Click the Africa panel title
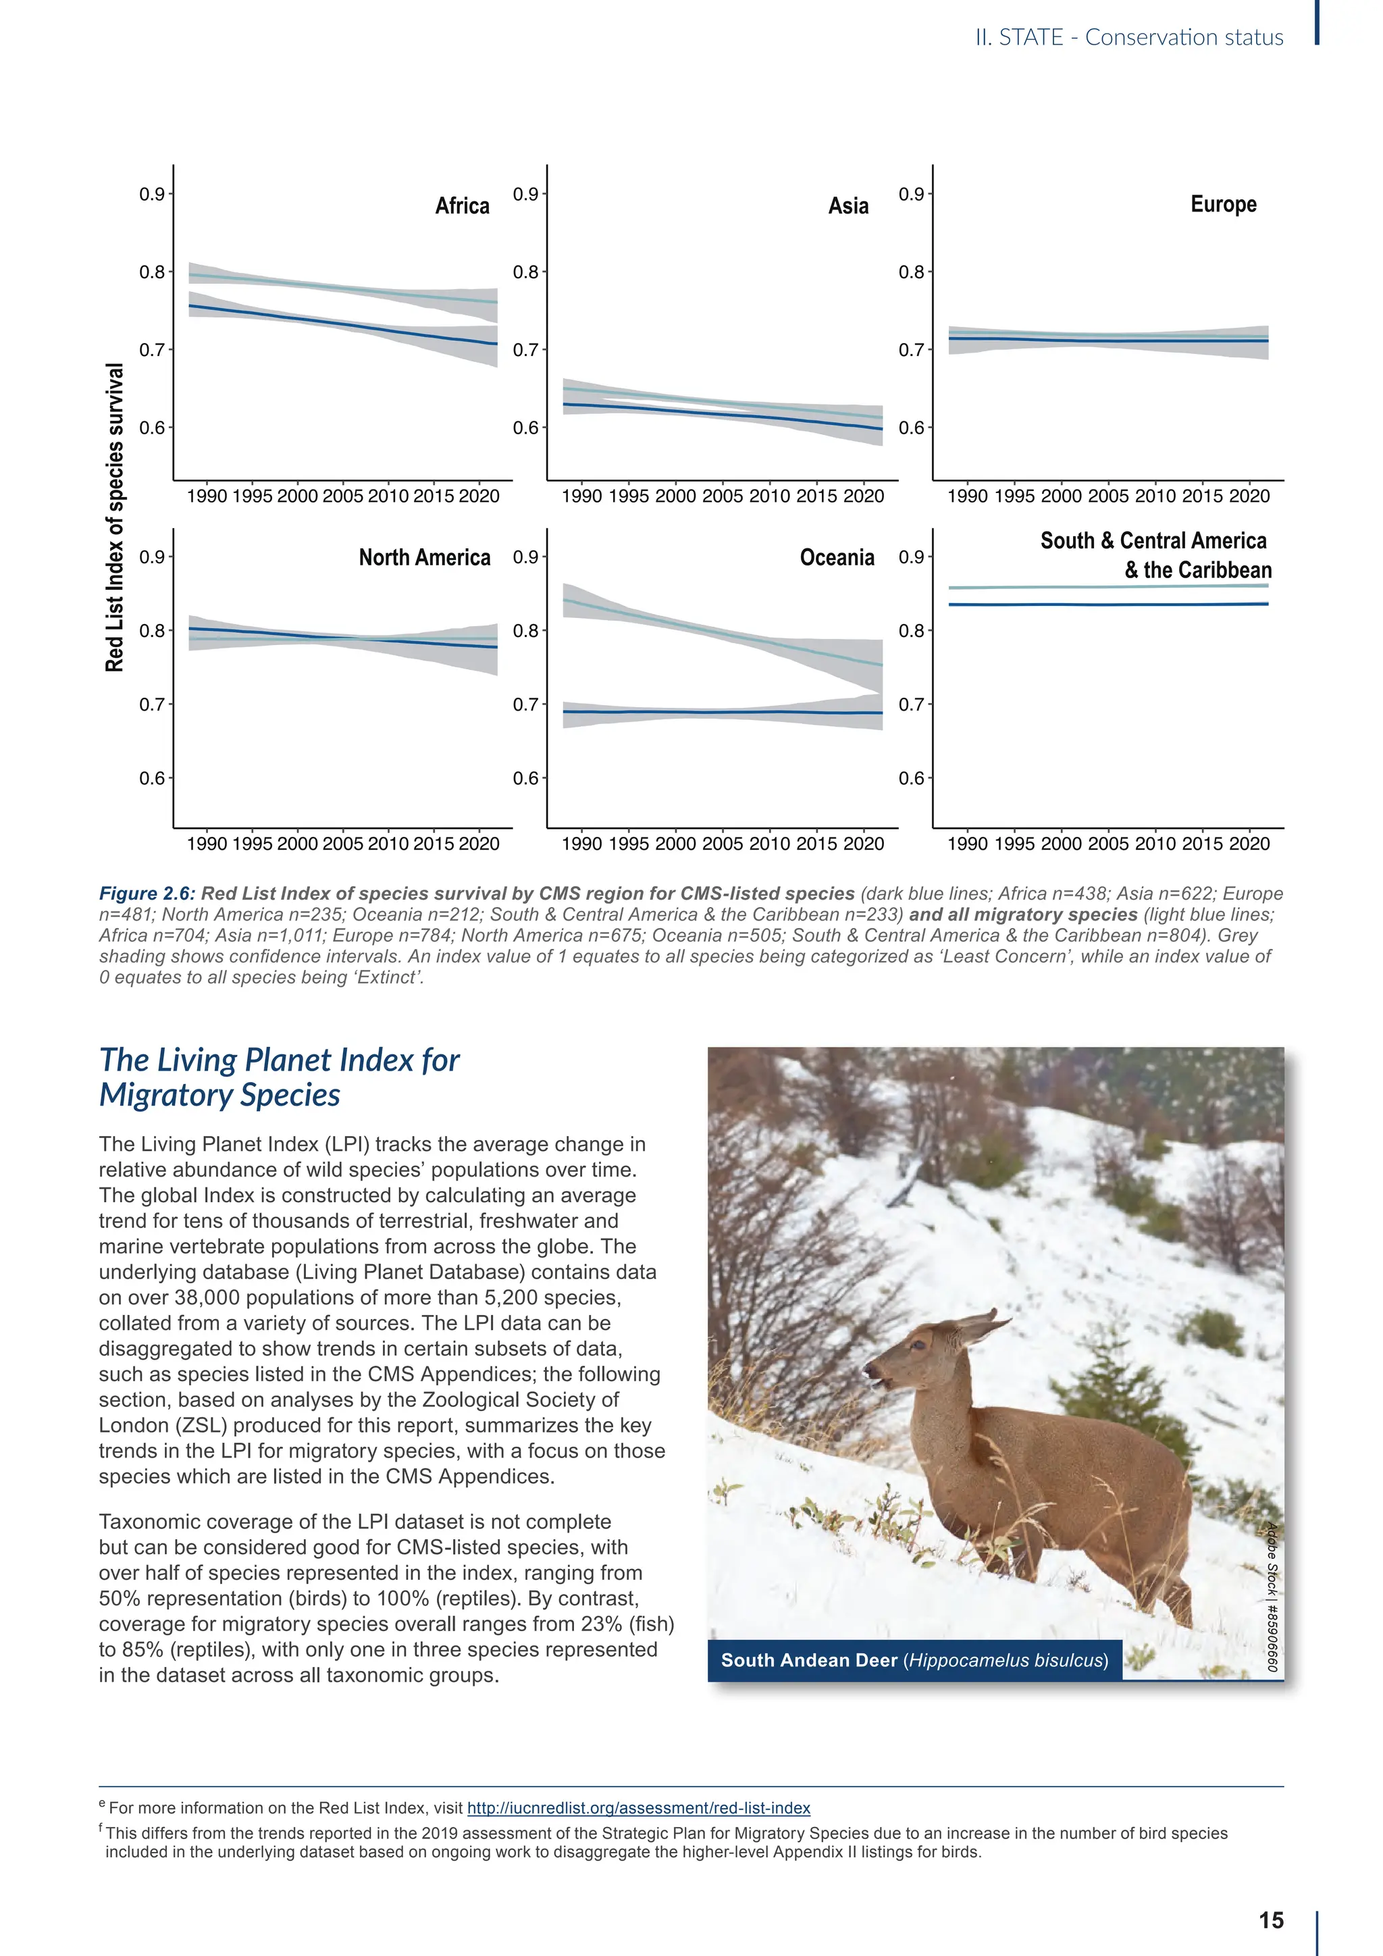point(462,206)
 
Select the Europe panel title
point(1223,205)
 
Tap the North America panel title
point(424,558)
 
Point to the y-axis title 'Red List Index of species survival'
point(115,517)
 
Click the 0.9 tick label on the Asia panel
point(525,195)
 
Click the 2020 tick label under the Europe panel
point(1249,496)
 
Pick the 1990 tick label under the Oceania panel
point(581,844)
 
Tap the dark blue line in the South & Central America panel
point(1107,604)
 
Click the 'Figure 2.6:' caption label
point(147,894)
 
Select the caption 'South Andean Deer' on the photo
point(809,1660)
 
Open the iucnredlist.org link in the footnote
point(639,1808)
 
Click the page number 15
point(1271,1920)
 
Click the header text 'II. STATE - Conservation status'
point(1128,37)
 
